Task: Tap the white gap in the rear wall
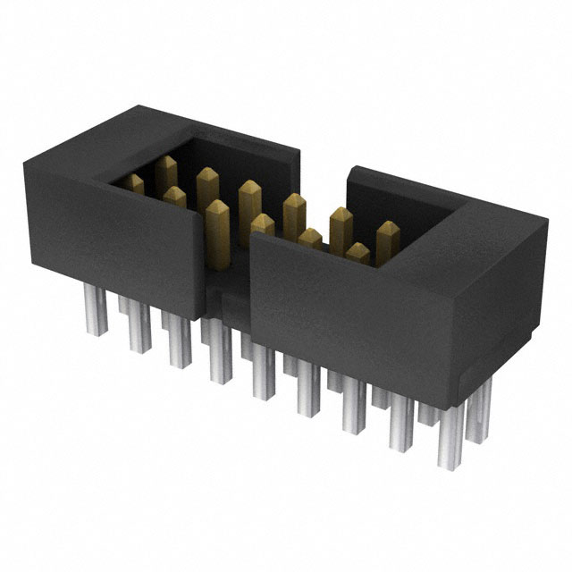coord(323,165)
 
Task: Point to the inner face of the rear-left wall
coord(232,165)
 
